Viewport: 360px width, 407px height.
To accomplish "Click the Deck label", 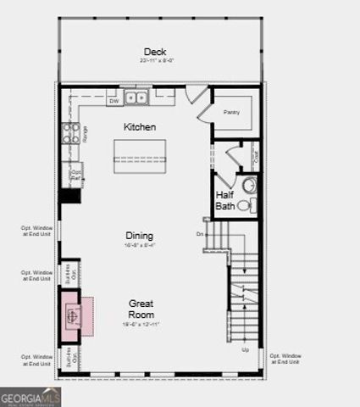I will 154,51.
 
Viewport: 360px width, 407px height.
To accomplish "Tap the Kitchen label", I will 140,126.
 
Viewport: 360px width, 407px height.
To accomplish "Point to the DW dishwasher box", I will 114,101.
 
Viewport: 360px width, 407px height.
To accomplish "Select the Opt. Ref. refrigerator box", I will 74,175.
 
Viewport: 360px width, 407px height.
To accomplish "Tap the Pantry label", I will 231,112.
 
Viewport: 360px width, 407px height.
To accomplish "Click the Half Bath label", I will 224,200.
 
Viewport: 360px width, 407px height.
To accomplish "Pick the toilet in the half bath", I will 244,204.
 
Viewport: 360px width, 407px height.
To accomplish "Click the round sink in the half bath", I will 249,185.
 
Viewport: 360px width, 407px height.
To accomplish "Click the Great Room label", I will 141,309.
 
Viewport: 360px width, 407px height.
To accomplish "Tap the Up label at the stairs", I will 246,349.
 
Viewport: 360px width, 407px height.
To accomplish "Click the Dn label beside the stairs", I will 200,233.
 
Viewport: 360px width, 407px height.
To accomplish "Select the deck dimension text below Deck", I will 158,61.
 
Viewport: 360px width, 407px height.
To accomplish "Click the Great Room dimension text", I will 141,325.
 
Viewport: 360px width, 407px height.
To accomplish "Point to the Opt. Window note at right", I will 288,359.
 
